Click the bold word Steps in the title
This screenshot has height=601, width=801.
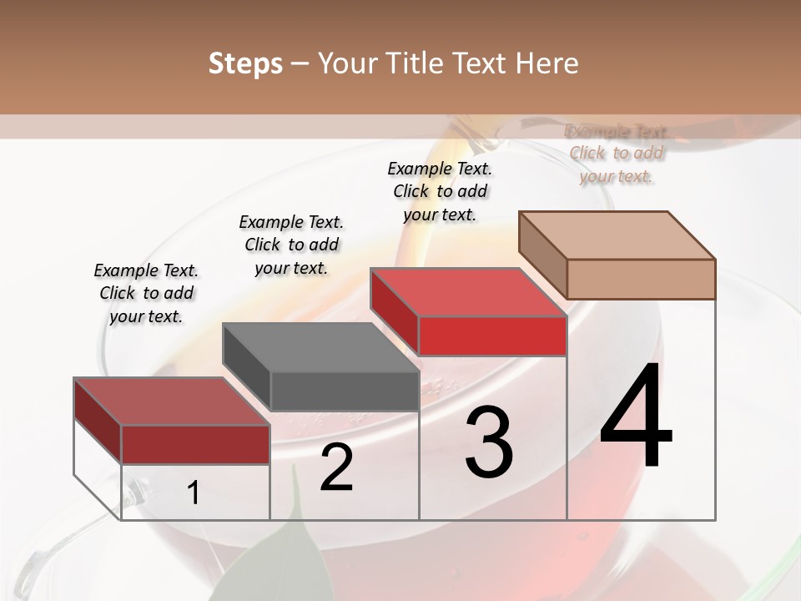click(x=245, y=63)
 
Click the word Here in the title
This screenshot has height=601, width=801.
click(x=542, y=63)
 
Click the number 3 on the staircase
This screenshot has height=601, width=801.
click(x=489, y=442)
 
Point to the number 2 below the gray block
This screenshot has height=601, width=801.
click(x=336, y=467)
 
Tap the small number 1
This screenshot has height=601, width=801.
click(x=194, y=492)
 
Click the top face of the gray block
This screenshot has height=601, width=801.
click(x=321, y=347)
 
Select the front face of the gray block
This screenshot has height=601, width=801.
click(x=345, y=391)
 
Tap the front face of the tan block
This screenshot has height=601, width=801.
click(x=641, y=279)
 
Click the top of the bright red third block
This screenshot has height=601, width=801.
click(x=469, y=292)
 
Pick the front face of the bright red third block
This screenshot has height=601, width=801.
click(x=492, y=336)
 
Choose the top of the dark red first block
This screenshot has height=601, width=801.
click(x=172, y=402)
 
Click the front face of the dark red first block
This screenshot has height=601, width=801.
click(x=195, y=444)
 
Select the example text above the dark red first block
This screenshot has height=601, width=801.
click(x=146, y=294)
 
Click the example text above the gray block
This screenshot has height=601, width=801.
click(x=291, y=245)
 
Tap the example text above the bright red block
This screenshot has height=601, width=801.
click(x=440, y=191)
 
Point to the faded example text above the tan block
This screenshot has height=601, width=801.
click(x=616, y=154)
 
